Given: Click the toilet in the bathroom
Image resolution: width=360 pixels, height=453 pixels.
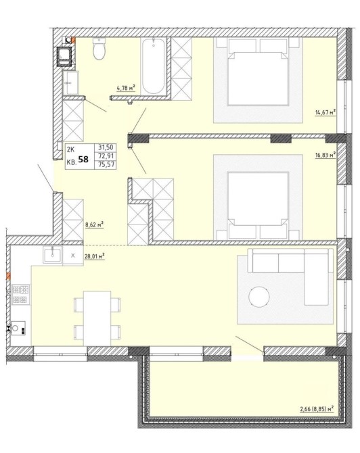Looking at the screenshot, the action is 99,49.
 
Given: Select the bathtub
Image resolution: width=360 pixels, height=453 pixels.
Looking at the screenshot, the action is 153,66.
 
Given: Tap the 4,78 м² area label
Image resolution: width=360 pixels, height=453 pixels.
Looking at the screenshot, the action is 126,88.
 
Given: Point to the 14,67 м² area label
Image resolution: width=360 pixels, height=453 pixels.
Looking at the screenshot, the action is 325,112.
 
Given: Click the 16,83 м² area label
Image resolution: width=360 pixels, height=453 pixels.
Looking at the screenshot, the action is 325,155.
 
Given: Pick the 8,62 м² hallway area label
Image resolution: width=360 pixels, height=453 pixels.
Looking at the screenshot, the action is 94,224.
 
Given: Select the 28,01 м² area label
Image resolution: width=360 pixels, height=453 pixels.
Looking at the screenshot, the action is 94,256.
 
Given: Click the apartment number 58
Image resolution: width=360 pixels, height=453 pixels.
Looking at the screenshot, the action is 83,159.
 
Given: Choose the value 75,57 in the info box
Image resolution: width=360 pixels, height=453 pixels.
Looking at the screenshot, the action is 106,165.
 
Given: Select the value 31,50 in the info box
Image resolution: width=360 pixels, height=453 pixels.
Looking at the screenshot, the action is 106,147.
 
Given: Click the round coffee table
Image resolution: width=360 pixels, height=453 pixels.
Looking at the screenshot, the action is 259,297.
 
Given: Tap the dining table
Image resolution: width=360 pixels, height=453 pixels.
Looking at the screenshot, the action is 97,318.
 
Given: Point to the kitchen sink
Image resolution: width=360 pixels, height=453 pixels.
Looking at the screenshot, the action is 52,255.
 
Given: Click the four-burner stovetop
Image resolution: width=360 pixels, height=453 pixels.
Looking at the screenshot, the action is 21,294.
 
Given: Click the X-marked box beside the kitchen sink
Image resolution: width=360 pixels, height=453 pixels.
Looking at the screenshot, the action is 73,256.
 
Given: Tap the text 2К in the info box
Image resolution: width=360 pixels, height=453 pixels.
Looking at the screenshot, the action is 71,149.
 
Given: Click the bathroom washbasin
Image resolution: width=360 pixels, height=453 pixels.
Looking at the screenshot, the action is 70,82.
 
